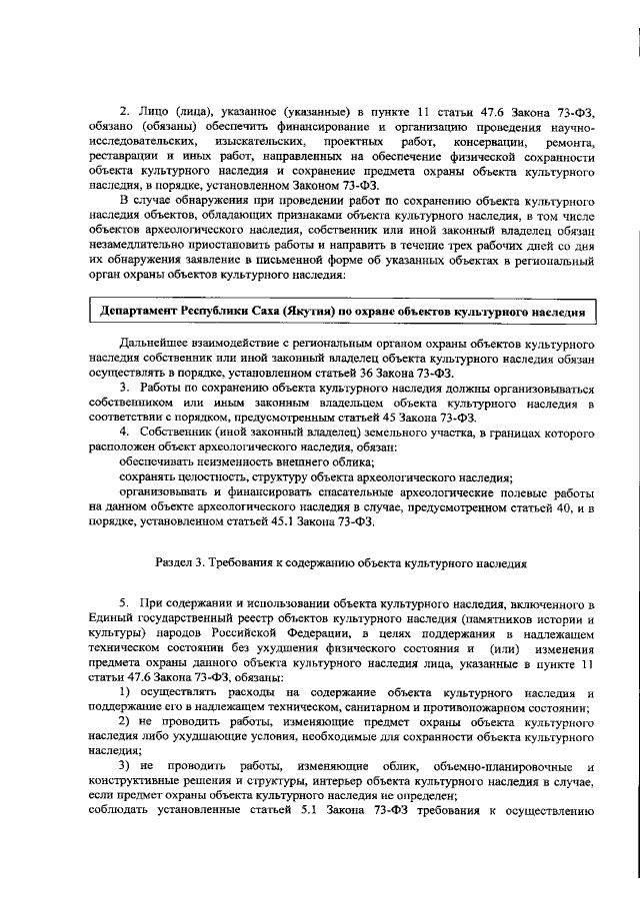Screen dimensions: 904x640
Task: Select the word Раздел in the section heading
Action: point(178,562)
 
